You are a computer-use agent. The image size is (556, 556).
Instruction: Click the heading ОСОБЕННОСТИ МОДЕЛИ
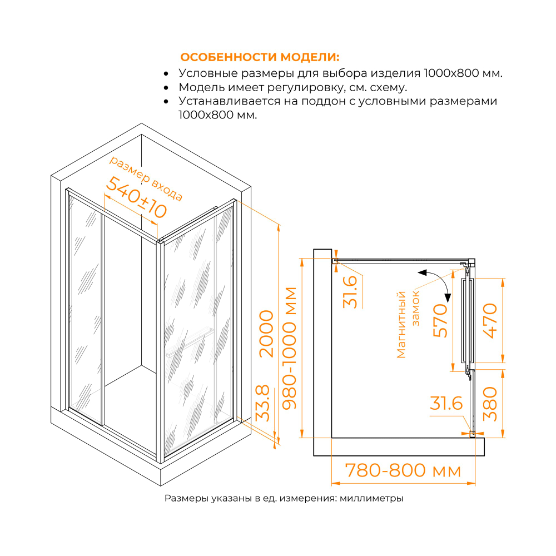[260, 57]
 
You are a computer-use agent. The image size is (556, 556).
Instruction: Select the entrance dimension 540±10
[136, 197]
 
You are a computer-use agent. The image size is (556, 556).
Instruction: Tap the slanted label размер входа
[145, 178]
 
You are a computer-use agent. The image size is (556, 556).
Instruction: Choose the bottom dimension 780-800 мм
[403, 470]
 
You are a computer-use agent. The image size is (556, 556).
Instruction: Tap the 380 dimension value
[490, 403]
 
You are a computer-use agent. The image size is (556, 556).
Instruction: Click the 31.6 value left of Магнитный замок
[350, 292]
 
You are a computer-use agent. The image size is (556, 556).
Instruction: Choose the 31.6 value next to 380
[446, 404]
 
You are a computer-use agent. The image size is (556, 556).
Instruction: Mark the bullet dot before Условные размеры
[166, 73]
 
